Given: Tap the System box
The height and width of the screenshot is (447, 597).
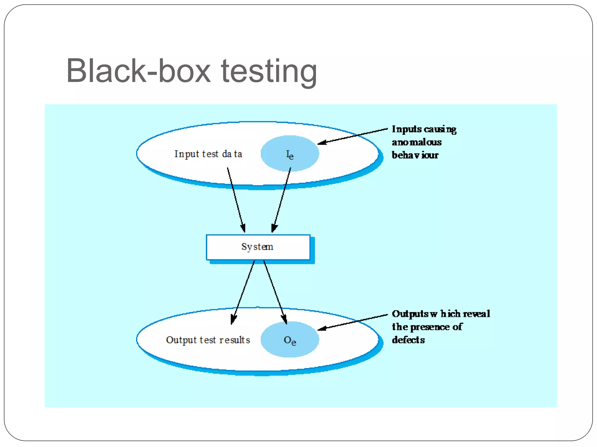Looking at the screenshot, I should point(258,247).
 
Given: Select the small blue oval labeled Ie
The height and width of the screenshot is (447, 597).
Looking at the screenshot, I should point(289,153).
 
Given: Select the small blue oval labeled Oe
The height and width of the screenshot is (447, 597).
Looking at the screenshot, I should point(289,339).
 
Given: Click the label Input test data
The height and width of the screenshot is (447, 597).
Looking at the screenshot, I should point(208,154).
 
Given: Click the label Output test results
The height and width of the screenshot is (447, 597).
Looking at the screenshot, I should point(208,340).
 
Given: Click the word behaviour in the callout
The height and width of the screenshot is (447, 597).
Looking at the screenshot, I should point(415,155).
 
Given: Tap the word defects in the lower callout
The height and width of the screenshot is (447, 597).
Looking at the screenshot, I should point(408,340).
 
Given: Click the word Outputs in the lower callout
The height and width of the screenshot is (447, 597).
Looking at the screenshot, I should point(410,314).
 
